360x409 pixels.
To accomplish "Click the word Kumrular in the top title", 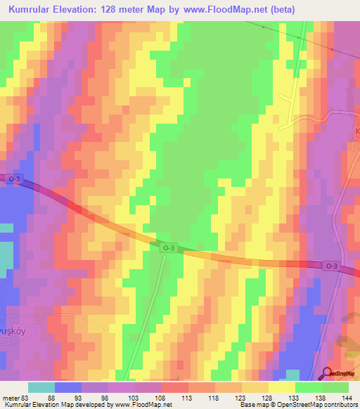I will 33,9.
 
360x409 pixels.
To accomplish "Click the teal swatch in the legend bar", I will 41,387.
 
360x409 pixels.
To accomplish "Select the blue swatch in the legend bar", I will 68,387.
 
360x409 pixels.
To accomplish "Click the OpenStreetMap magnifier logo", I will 327,373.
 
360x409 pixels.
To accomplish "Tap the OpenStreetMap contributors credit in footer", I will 320,405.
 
